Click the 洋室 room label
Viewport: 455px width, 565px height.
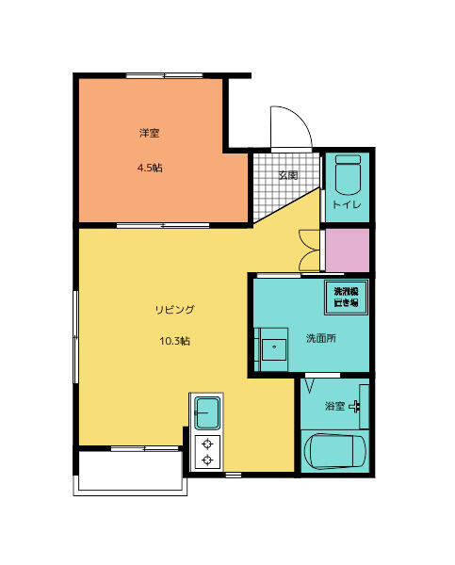(x=149, y=134)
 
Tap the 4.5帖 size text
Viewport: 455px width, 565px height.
(x=149, y=169)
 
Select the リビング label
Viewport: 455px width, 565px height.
(x=174, y=309)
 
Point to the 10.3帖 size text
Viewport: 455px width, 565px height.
(x=175, y=341)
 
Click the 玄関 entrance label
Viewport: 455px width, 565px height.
(x=287, y=175)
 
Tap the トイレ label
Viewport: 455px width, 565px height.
(x=347, y=204)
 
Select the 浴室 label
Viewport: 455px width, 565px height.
(x=334, y=407)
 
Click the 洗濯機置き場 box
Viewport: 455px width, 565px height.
(x=346, y=297)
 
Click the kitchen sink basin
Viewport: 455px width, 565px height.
(x=206, y=412)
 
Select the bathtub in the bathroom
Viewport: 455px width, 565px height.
(x=334, y=452)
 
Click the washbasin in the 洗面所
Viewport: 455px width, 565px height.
(x=274, y=347)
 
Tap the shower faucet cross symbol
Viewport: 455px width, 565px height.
(x=356, y=407)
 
